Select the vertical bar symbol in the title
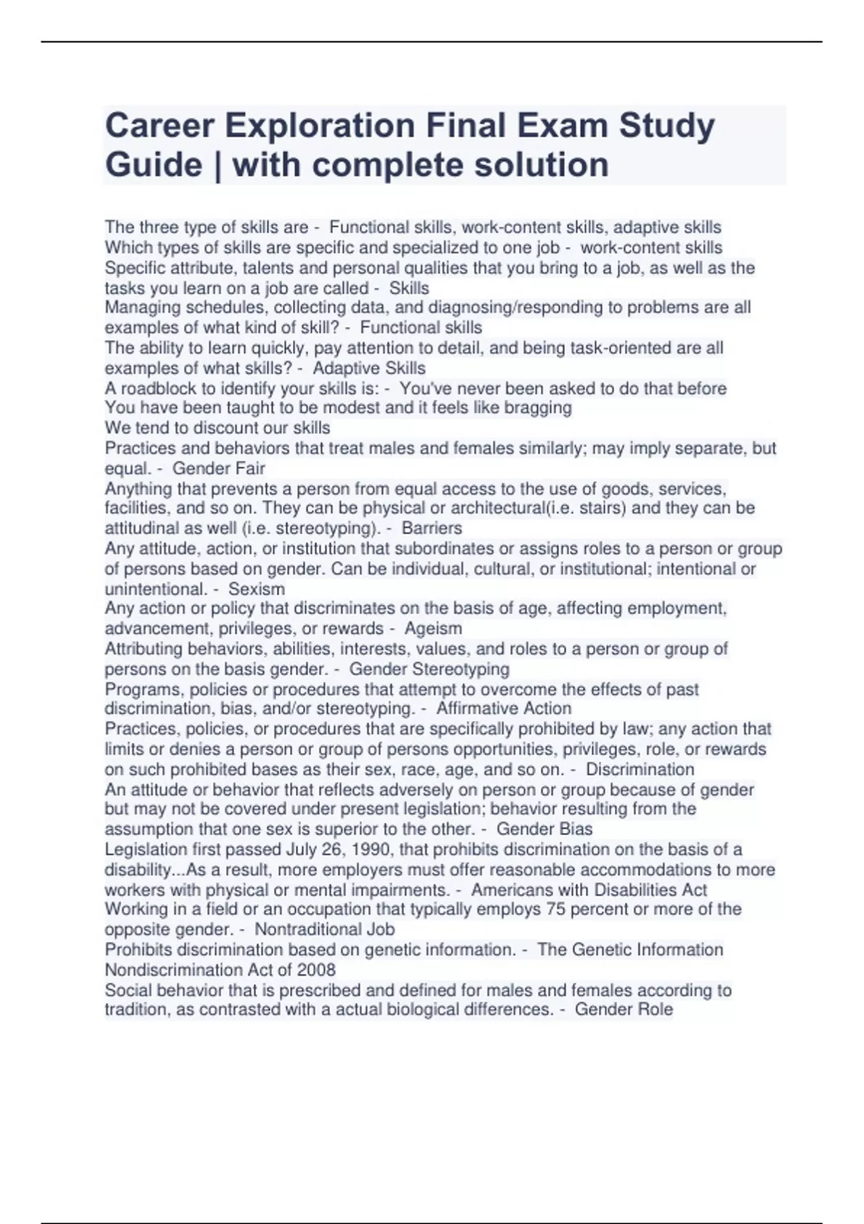click(217, 165)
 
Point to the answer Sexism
click(256, 588)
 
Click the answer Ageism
click(433, 629)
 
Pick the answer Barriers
click(432, 528)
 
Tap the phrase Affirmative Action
click(503, 708)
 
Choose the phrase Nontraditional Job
click(325, 930)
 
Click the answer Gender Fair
click(219, 468)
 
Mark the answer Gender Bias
click(544, 829)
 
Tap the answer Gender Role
click(624, 1009)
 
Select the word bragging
click(537, 408)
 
